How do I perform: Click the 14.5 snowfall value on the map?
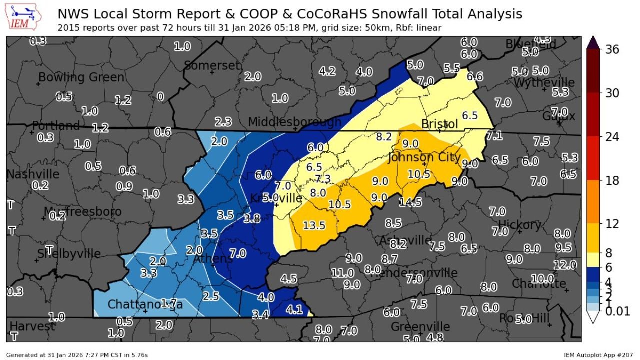[x=411, y=202]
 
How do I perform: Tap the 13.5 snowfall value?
[x=314, y=225]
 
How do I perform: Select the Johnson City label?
[x=424, y=158]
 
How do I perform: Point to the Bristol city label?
[x=440, y=124]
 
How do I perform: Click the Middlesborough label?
[x=295, y=122]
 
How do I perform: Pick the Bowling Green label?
[x=81, y=77]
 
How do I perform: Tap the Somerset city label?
[x=212, y=66]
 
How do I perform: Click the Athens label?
[x=213, y=258]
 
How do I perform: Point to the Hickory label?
[x=519, y=224]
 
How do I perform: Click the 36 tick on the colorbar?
[x=612, y=49]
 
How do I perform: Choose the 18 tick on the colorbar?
[x=612, y=180]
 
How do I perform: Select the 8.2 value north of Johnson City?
[x=384, y=137]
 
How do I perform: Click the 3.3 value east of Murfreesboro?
[x=186, y=200]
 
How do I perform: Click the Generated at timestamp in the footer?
[x=77, y=355]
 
